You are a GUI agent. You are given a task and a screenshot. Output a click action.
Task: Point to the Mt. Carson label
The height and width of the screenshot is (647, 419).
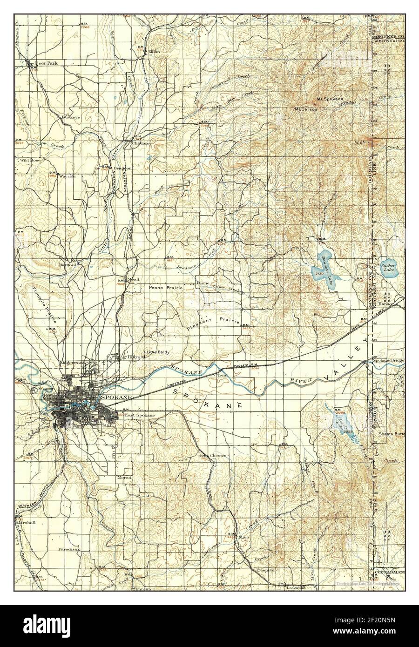coord(305,109)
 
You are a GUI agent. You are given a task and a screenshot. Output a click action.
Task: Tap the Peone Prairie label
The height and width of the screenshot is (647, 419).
coord(165,288)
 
